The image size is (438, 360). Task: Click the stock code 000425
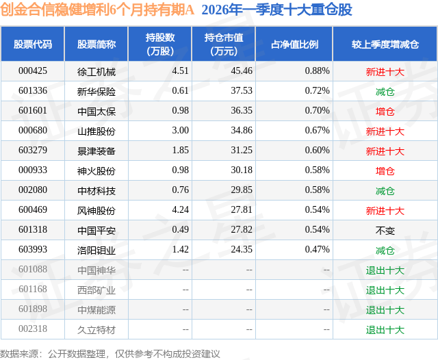point(33,71)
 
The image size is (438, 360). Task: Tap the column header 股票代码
point(33,44)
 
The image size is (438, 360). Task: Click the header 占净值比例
point(294,44)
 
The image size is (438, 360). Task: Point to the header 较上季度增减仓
point(385,44)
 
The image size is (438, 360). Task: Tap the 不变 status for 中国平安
point(385,231)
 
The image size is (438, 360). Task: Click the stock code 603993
point(33,250)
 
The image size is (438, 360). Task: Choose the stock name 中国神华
point(96,270)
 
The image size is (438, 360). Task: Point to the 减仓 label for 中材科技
point(385,191)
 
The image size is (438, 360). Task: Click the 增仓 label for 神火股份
point(385,171)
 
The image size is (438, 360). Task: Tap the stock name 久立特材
point(96,330)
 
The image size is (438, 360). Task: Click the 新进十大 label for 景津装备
point(385,151)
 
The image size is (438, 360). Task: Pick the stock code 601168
point(33,290)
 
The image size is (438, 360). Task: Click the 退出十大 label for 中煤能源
point(385,310)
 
